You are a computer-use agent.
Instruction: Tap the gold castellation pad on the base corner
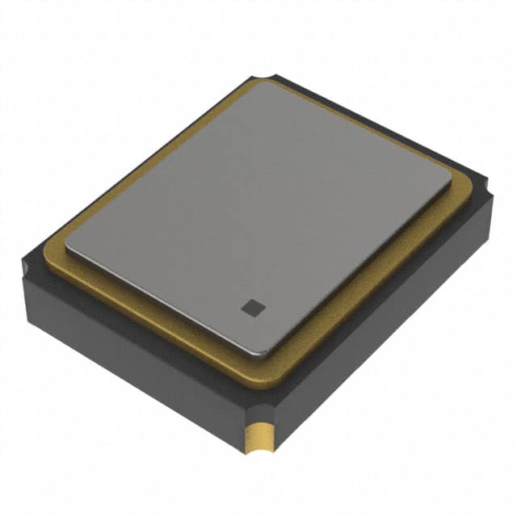(260, 439)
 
